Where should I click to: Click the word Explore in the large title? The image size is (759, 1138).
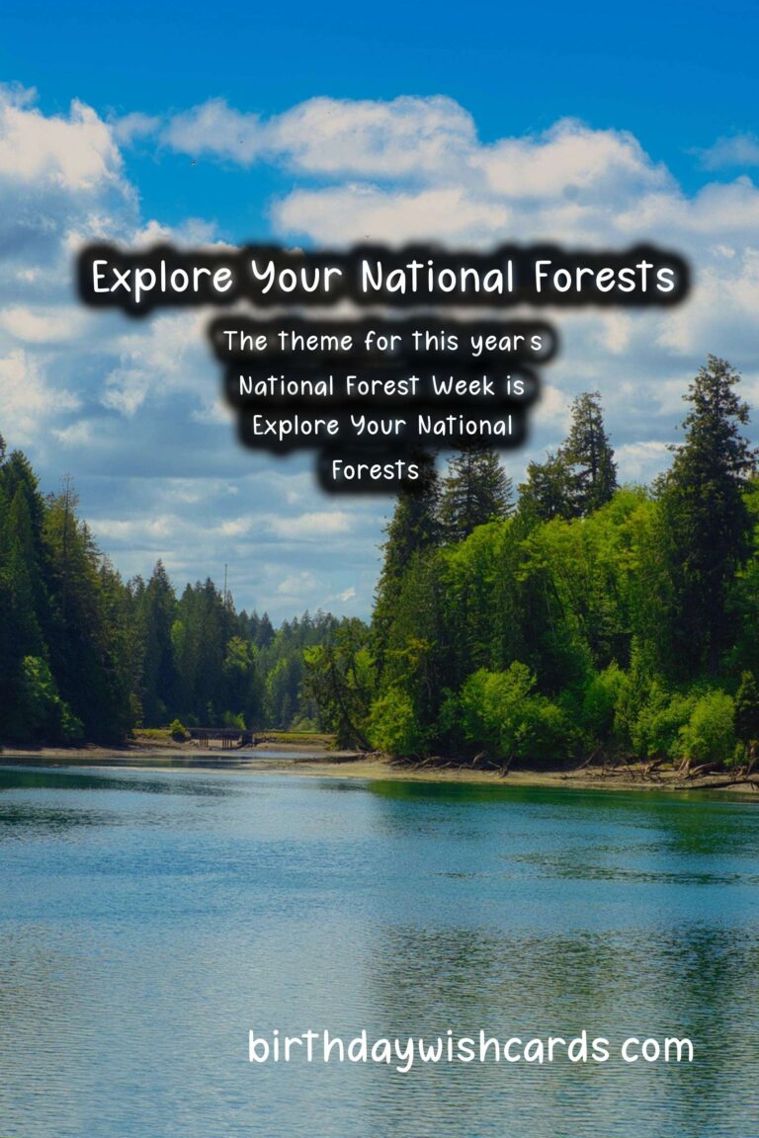[x=162, y=278]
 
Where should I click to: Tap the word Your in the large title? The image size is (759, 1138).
[x=295, y=278]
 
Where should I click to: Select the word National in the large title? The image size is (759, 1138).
[x=437, y=277]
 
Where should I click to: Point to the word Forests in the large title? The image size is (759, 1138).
[x=604, y=277]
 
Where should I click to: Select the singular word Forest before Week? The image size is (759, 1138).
[x=382, y=385]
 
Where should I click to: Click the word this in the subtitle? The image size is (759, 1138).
[x=435, y=341]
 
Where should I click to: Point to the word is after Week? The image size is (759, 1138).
[x=515, y=384]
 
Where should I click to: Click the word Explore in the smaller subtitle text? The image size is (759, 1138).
[x=295, y=426]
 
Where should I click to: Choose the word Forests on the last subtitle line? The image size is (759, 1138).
[x=376, y=469]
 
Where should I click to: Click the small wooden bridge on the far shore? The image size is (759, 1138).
[x=216, y=736]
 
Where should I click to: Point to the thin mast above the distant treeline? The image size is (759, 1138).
[x=225, y=581]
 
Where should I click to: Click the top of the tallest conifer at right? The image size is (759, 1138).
[x=715, y=357]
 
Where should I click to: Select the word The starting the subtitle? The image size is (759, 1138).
[x=245, y=341]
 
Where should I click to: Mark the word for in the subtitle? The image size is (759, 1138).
[x=382, y=341]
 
